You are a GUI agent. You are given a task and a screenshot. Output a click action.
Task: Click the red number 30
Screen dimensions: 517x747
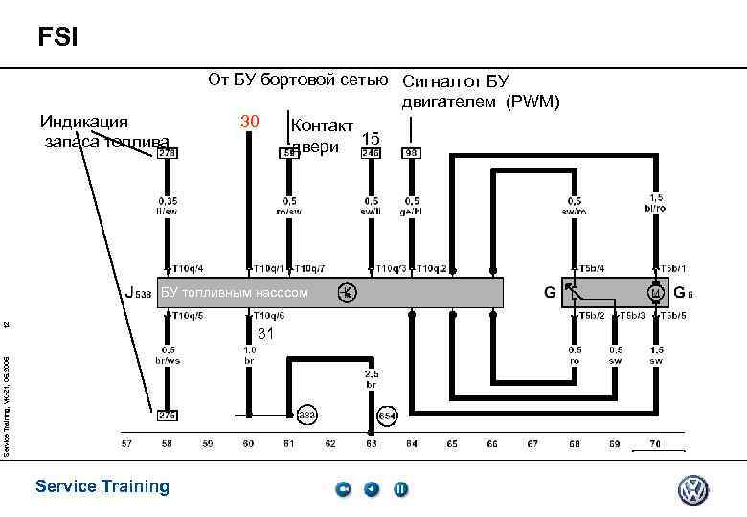[x=250, y=122]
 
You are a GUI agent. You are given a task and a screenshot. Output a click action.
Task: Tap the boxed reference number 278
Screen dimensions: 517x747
[x=168, y=152]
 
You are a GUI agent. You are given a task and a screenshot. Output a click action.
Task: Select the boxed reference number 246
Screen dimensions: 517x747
[x=371, y=152]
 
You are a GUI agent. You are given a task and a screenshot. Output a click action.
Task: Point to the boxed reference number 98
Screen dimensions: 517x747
[x=412, y=152]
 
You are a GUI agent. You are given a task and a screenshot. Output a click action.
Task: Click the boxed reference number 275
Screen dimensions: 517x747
[x=168, y=416]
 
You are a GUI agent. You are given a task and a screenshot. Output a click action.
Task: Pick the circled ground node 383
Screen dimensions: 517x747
[x=307, y=416]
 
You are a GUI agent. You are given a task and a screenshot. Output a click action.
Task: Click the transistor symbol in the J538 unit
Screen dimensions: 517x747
[x=349, y=292]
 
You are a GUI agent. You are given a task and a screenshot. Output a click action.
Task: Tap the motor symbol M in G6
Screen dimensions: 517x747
[x=656, y=292]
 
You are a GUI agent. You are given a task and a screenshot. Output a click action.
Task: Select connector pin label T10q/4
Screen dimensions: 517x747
[x=188, y=269]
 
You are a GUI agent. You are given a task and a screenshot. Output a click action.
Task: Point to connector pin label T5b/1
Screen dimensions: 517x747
[x=674, y=269]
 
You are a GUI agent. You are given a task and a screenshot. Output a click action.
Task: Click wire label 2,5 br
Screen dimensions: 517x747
[x=371, y=378]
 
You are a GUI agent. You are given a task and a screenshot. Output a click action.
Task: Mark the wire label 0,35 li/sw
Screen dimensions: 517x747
[x=168, y=206]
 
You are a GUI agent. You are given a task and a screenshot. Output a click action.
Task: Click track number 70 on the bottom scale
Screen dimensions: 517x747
[x=655, y=444]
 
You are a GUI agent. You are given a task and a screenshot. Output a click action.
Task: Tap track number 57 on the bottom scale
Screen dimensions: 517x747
[x=126, y=444]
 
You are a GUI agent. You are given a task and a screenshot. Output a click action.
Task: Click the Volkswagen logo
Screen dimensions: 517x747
[x=693, y=490]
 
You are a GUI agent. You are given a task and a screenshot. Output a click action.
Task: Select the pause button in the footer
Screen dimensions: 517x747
[x=401, y=489]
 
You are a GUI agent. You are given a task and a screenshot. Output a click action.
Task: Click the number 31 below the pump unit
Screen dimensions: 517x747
[x=266, y=333]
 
